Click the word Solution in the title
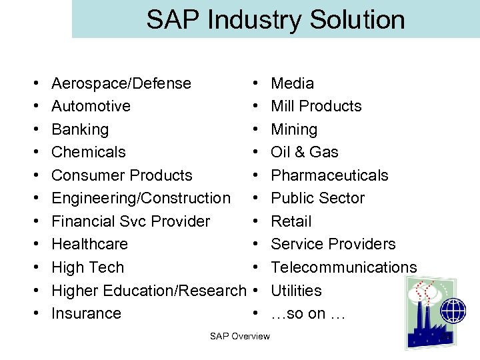click(x=356, y=19)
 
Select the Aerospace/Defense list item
click(x=121, y=83)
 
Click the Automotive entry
click(x=91, y=106)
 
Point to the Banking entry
click(x=79, y=129)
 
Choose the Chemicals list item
click(x=88, y=152)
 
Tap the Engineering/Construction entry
click(x=141, y=198)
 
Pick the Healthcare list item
click(x=89, y=244)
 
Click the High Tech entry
click(x=87, y=267)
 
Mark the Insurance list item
click(x=86, y=313)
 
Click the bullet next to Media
click(x=256, y=84)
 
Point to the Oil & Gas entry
click(x=304, y=152)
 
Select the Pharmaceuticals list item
click(x=329, y=175)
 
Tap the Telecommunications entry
click(x=343, y=267)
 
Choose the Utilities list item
click(x=296, y=291)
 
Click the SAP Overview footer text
click(x=240, y=336)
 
